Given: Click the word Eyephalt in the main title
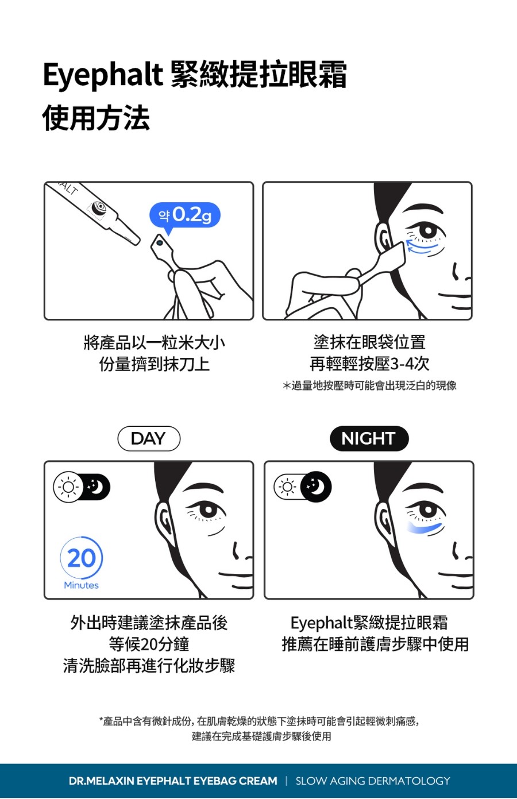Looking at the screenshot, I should pyautogui.click(x=103, y=75).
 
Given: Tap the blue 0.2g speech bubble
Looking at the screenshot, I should pyautogui.click(x=184, y=215).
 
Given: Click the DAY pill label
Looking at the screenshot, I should pyautogui.click(x=149, y=439).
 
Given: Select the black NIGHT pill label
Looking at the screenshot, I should pyautogui.click(x=369, y=439).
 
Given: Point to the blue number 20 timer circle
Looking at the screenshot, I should pyautogui.click(x=82, y=558).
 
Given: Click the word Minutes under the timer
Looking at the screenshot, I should pyautogui.click(x=82, y=585).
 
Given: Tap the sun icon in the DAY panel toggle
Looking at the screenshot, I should pyautogui.click(x=68, y=487).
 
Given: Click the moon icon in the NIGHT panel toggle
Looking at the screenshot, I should pyautogui.click(x=315, y=487).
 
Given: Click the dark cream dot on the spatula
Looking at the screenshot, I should pyautogui.click(x=160, y=243).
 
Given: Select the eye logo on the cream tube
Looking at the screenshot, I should pyautogui.click(x=99, y=206).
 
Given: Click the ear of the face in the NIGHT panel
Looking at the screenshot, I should pyautogui.click(x=383, y=520).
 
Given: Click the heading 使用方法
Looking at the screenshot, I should pyautogui.click(x=96, y=118).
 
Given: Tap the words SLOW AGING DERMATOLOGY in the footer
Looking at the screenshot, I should pyautogui.click(x=373, y=781).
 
